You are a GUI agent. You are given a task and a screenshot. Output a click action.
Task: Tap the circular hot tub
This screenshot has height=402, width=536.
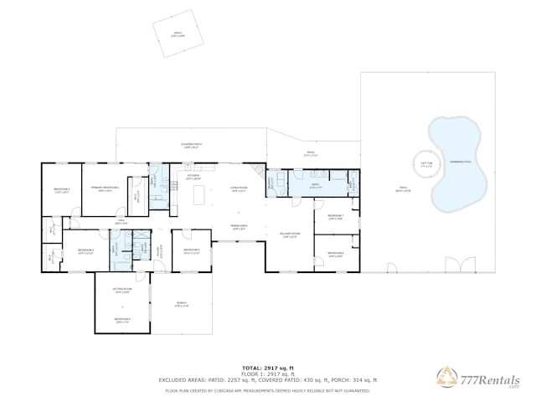426,165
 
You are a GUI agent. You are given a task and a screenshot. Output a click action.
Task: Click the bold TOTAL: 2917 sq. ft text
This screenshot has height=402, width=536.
268,368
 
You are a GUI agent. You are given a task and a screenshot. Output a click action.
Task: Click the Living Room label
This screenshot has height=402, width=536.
239,190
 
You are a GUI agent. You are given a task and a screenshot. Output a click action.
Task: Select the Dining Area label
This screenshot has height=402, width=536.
239,227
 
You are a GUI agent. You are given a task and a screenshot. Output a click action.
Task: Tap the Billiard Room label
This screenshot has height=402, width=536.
291,236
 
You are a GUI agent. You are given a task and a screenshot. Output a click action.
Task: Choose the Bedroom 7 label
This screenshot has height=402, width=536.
336,216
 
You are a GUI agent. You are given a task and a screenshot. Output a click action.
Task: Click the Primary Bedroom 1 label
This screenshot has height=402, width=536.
105,190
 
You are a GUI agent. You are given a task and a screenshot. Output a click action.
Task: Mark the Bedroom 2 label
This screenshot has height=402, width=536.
61,191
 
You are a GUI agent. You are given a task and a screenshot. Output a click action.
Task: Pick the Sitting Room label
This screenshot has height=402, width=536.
121,291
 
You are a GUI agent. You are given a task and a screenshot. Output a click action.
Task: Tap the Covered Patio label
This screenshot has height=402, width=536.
191,145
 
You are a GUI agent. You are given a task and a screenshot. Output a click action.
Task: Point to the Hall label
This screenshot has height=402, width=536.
121,222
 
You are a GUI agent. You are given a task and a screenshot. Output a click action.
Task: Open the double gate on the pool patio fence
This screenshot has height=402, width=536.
453,265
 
